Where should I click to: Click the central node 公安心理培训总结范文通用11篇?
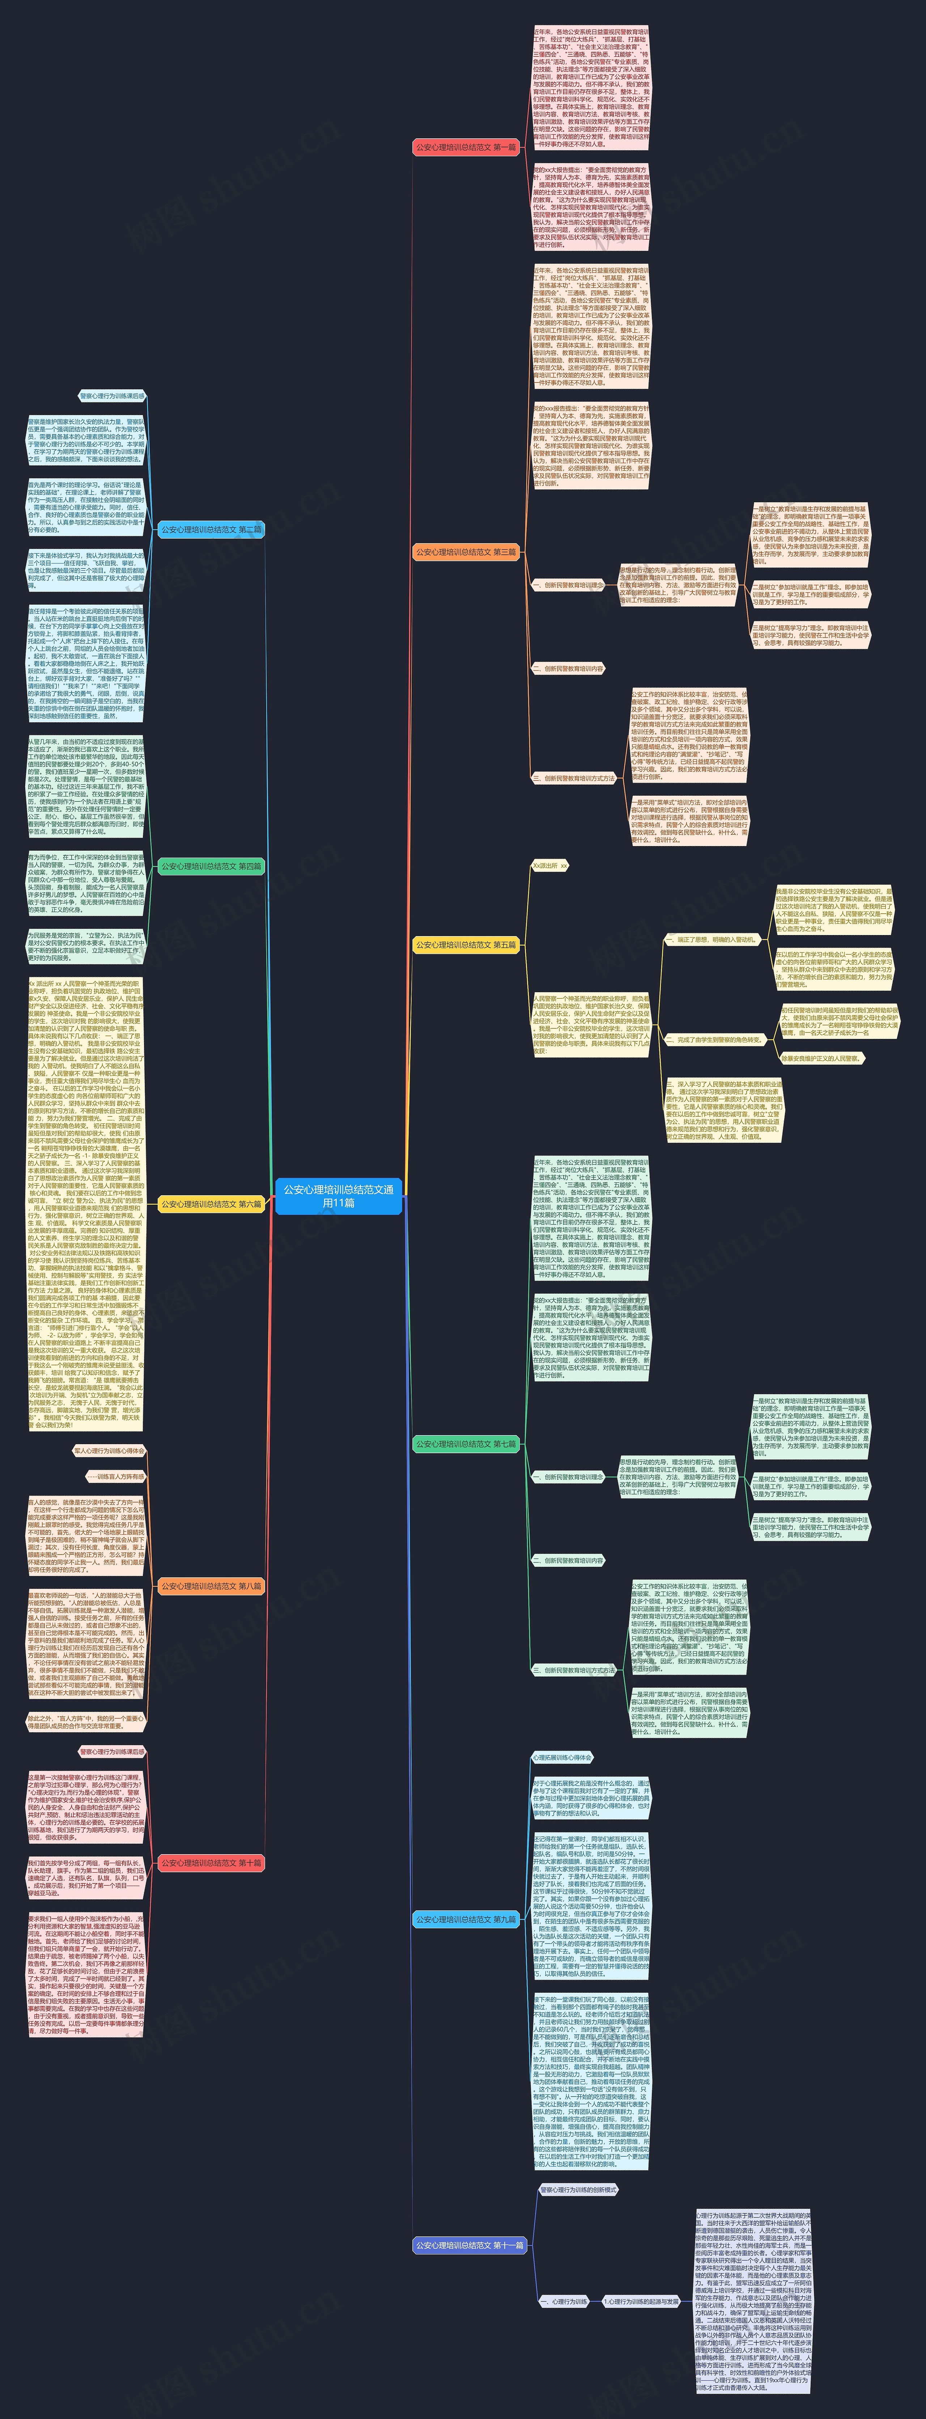click(x=339, y=1196)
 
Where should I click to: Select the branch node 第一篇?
click(x=466, y=147)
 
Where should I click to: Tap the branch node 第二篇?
click(x=211, y=530)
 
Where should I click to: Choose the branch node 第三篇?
click(x=466, y=552)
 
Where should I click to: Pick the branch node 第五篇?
click(x=466, y=945)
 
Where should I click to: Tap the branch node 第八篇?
click(x=211, y=1586)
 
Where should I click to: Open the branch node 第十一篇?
click(x=470, y=2245)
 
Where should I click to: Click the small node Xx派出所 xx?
click(x=550, y=866)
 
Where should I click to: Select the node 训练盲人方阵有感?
click(x=116, y=1476)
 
